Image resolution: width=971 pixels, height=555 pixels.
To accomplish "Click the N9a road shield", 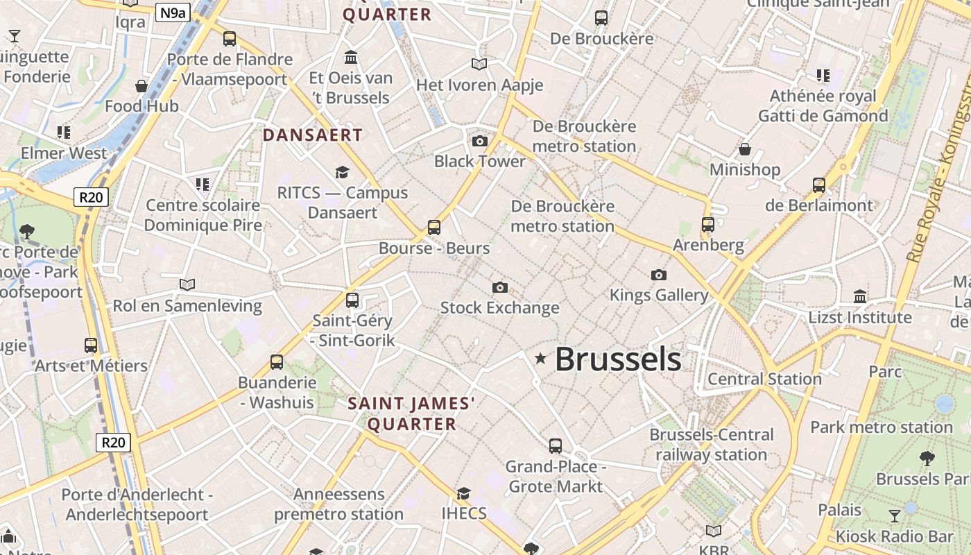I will pyautogui.click(x=172, y=12).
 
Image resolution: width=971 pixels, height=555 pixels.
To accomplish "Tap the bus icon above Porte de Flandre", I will pyautogui.click(x=230, y=39).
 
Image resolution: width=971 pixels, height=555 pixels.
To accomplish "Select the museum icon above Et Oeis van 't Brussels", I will pyautogui.click(x=351, y=57).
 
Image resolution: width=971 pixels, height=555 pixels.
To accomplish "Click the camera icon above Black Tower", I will pyautogui.click(x=479, y=142).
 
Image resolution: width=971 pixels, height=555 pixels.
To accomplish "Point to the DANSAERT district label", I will pyautogui.click(x=313, y=135).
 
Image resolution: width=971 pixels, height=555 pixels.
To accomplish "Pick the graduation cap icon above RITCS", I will pyautogui.click(x=342, y=172).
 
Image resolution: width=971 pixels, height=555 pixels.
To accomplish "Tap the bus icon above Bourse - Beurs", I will pyautogui.click(x=434, y=228).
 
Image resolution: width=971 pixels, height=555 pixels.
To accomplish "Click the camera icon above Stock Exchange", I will pyautogui.click(x=499, y=287).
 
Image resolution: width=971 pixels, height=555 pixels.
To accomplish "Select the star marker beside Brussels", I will pyautogui.click(x=540, y=359).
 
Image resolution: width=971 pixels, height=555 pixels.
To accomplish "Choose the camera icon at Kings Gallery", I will pyautogui.click(x=659, y=275).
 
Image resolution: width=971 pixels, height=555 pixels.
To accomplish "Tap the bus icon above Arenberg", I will pyautogui.click(x=708, y=225).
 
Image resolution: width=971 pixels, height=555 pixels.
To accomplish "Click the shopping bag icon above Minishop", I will pyautogui.click(x=745, y=149).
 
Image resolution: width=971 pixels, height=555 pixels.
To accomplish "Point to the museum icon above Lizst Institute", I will pyautogui.click(x=860, y=297).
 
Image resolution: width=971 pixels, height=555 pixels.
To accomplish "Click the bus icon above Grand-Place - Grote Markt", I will pyautogui.click(x=556, y=446).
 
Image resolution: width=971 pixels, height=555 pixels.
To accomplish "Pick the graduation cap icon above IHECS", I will pyautogui.click(x=463, y=493).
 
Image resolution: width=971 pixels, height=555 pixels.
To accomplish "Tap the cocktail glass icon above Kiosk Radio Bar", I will pyautogui.click(x=895, y=515).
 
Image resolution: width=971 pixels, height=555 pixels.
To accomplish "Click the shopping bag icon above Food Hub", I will pyautogui.click(x=141, y=86).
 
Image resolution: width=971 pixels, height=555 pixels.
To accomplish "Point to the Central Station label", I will pyautogui.click(x=764, y=379).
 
